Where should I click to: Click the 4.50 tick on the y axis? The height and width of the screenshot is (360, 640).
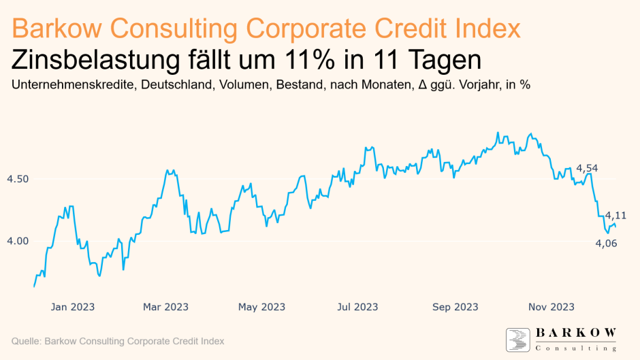[x=18, y=179]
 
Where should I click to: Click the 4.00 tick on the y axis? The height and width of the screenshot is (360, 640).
[x=18, y=241]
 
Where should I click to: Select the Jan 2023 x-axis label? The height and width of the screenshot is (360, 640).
[x=72, y=307]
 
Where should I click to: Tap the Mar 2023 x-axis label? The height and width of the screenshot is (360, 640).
[x=166, y=307]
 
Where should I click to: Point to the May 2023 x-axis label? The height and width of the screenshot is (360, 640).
[x=261, y=307]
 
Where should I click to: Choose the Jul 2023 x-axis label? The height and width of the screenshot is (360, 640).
[x=357, y=307]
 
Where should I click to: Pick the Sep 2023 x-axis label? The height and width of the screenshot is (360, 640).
[x=455, y=307]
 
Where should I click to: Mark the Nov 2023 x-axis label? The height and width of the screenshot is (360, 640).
[x=551, y=307]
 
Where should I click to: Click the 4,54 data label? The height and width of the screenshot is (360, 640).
[x=587, y=168]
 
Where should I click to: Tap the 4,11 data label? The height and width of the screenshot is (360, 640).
[x=615, y=215]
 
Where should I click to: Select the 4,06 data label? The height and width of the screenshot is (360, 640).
[x=606, y=243]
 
